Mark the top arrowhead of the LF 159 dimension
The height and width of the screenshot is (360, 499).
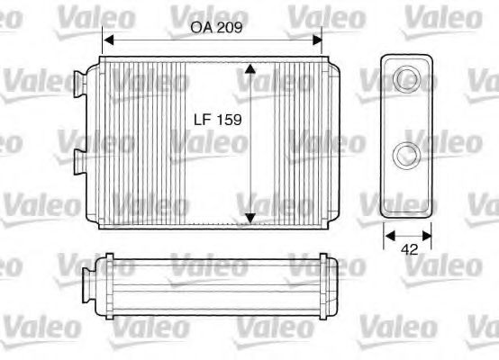[x=250, y=68]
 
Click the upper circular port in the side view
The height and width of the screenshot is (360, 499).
[x=407, y=78]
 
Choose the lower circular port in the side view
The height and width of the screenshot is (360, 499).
[x=407, y=154]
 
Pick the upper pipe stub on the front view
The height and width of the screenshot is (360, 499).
[x=79, y=82]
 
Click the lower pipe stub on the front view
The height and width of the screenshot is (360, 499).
[x=79, y=162]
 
